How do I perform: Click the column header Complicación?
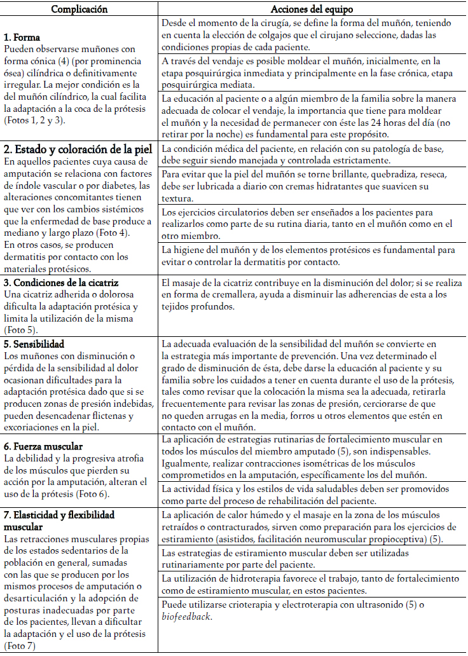pos(79,9)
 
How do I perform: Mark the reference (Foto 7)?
pos(20,646)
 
